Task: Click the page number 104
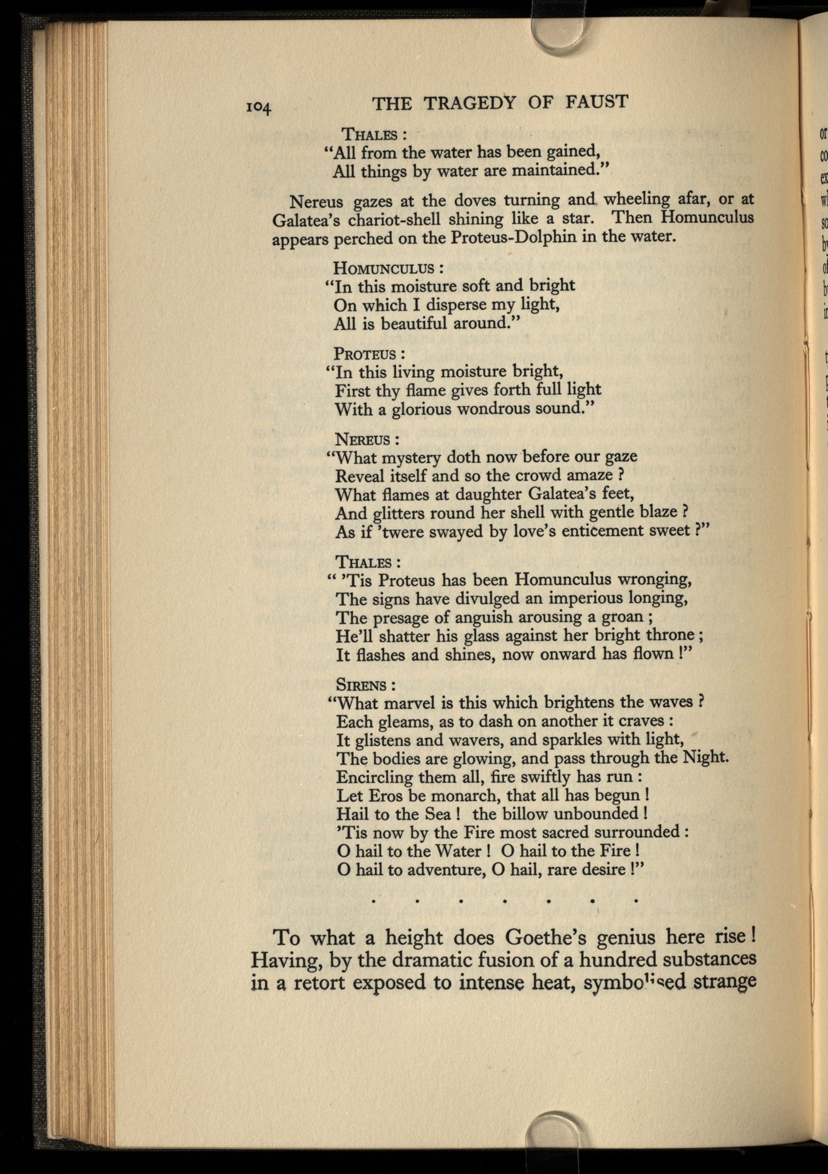pos(259,107)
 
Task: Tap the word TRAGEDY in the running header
pos(470,103)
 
